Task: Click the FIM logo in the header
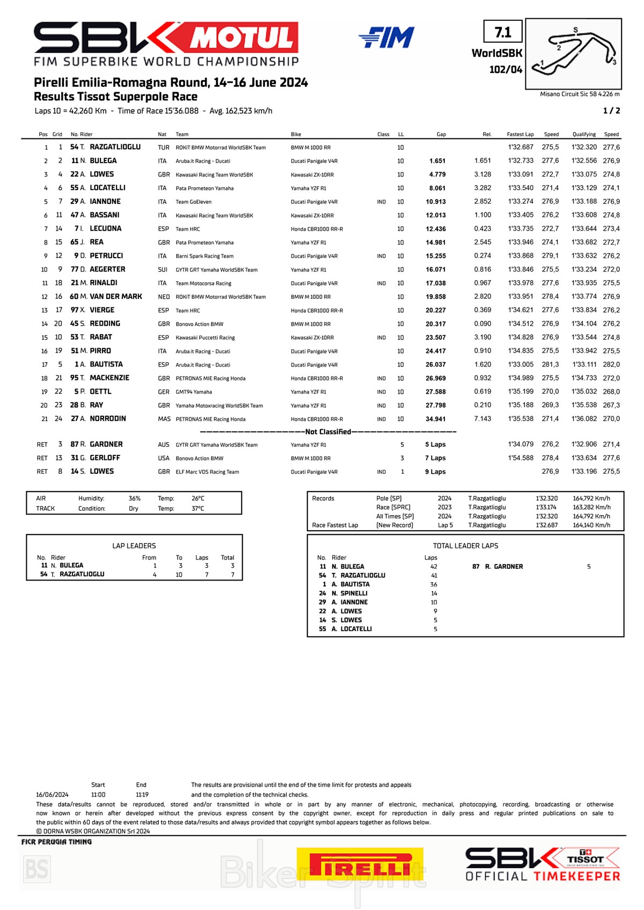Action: point(386,38)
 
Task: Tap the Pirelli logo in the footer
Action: point(360,864)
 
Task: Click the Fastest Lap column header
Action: point(520,134)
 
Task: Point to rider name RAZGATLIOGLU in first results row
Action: point(115,147)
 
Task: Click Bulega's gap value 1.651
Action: point(437,161)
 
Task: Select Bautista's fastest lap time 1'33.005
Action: point(521,364)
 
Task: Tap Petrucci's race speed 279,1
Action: point(550,256)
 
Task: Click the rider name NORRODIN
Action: point(108,419)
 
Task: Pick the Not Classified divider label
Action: point(328,432)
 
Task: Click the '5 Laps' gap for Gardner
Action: point(435,444)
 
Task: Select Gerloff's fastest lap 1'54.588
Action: point(521,458)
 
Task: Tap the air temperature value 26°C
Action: point(198,498)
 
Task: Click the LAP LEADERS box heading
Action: point(134,546)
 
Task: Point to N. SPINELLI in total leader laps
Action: point(349,593)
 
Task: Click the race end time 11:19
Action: point(142,795)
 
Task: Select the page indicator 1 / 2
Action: point(611,111)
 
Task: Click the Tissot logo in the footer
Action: point(586,858)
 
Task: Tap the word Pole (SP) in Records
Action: point(389,498)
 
